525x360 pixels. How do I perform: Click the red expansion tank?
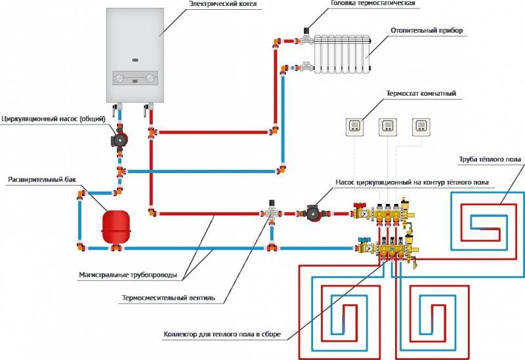[116, 227]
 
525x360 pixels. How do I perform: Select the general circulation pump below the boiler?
[119, 139]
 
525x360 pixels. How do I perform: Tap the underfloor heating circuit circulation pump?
[314, 213]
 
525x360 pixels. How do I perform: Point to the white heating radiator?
[342, 54]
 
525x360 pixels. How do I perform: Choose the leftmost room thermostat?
[354, 127]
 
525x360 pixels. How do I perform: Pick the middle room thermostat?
[388, 127]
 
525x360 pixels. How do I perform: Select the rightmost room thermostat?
[421, 127]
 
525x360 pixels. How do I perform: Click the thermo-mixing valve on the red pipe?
[272, 211]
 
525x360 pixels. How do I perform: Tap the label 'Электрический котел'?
[222, 4]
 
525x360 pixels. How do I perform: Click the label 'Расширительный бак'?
[42, 179]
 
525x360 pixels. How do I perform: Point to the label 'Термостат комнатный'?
[421, 93]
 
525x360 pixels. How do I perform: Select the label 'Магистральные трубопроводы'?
[127, 275]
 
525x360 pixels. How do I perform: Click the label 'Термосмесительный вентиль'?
[169, 298]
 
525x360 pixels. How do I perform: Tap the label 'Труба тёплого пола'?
[490, 159]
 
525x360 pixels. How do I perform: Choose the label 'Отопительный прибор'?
[427, 30]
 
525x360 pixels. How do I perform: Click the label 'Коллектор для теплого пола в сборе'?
[222, 334]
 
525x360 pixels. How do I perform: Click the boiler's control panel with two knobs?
[135, 78]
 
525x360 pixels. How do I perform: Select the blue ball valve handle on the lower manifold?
[363, 239]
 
